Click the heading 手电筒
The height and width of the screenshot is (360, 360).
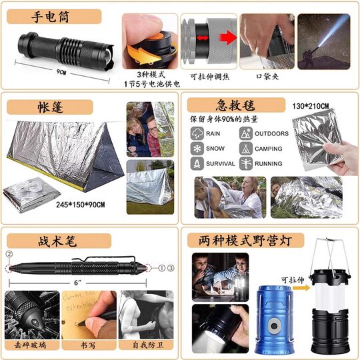[53, 17]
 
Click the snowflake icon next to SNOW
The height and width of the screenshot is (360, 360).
[197, 149]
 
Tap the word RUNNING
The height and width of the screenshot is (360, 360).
[269, 163]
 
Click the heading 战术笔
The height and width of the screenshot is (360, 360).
[51, 240]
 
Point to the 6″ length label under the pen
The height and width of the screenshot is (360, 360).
[78, 283]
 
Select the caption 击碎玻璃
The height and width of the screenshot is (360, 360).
[30, 345]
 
